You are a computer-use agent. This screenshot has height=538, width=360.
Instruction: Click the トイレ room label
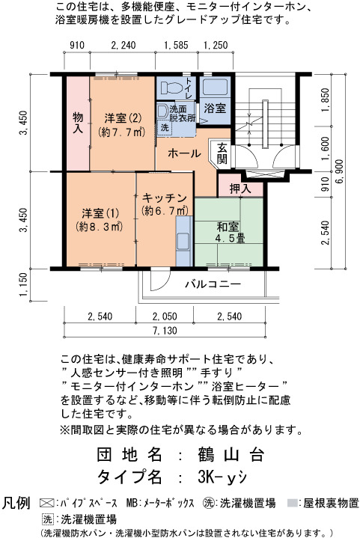point(189,88)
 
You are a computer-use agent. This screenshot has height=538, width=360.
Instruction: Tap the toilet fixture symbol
point(172,87)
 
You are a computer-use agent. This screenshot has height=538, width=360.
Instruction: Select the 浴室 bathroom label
point(215,108)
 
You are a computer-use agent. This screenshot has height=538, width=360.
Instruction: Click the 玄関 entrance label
point(222,153)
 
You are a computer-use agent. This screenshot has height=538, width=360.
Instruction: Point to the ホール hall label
point(184,153)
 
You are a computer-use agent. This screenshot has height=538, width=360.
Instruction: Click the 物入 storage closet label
point(78,123)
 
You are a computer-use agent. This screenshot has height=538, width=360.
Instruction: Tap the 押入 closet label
point(240,189)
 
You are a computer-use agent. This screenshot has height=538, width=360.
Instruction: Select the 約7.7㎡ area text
point(121,132)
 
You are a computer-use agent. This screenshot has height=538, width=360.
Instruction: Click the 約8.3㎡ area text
point(100,227)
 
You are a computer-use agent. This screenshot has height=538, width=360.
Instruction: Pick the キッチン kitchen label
point(165,198)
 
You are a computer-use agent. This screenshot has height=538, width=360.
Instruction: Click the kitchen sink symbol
point(183,241)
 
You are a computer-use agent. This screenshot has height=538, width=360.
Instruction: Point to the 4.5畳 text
point(230,239)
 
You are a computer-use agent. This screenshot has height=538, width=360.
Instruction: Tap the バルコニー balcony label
point(213,284)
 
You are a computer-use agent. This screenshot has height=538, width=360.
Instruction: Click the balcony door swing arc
point(164,282)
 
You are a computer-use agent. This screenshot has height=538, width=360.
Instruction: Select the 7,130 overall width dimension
point(165,331)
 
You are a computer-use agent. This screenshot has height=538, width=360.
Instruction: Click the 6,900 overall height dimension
point(339,171)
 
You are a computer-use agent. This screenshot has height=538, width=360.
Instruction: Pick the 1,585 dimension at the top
point(177,46)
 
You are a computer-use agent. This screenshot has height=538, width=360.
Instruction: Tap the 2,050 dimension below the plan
point(165,316)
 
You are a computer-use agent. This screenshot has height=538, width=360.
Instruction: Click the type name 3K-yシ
point(222,476)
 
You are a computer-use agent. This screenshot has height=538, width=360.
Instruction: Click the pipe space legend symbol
point(46,504)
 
